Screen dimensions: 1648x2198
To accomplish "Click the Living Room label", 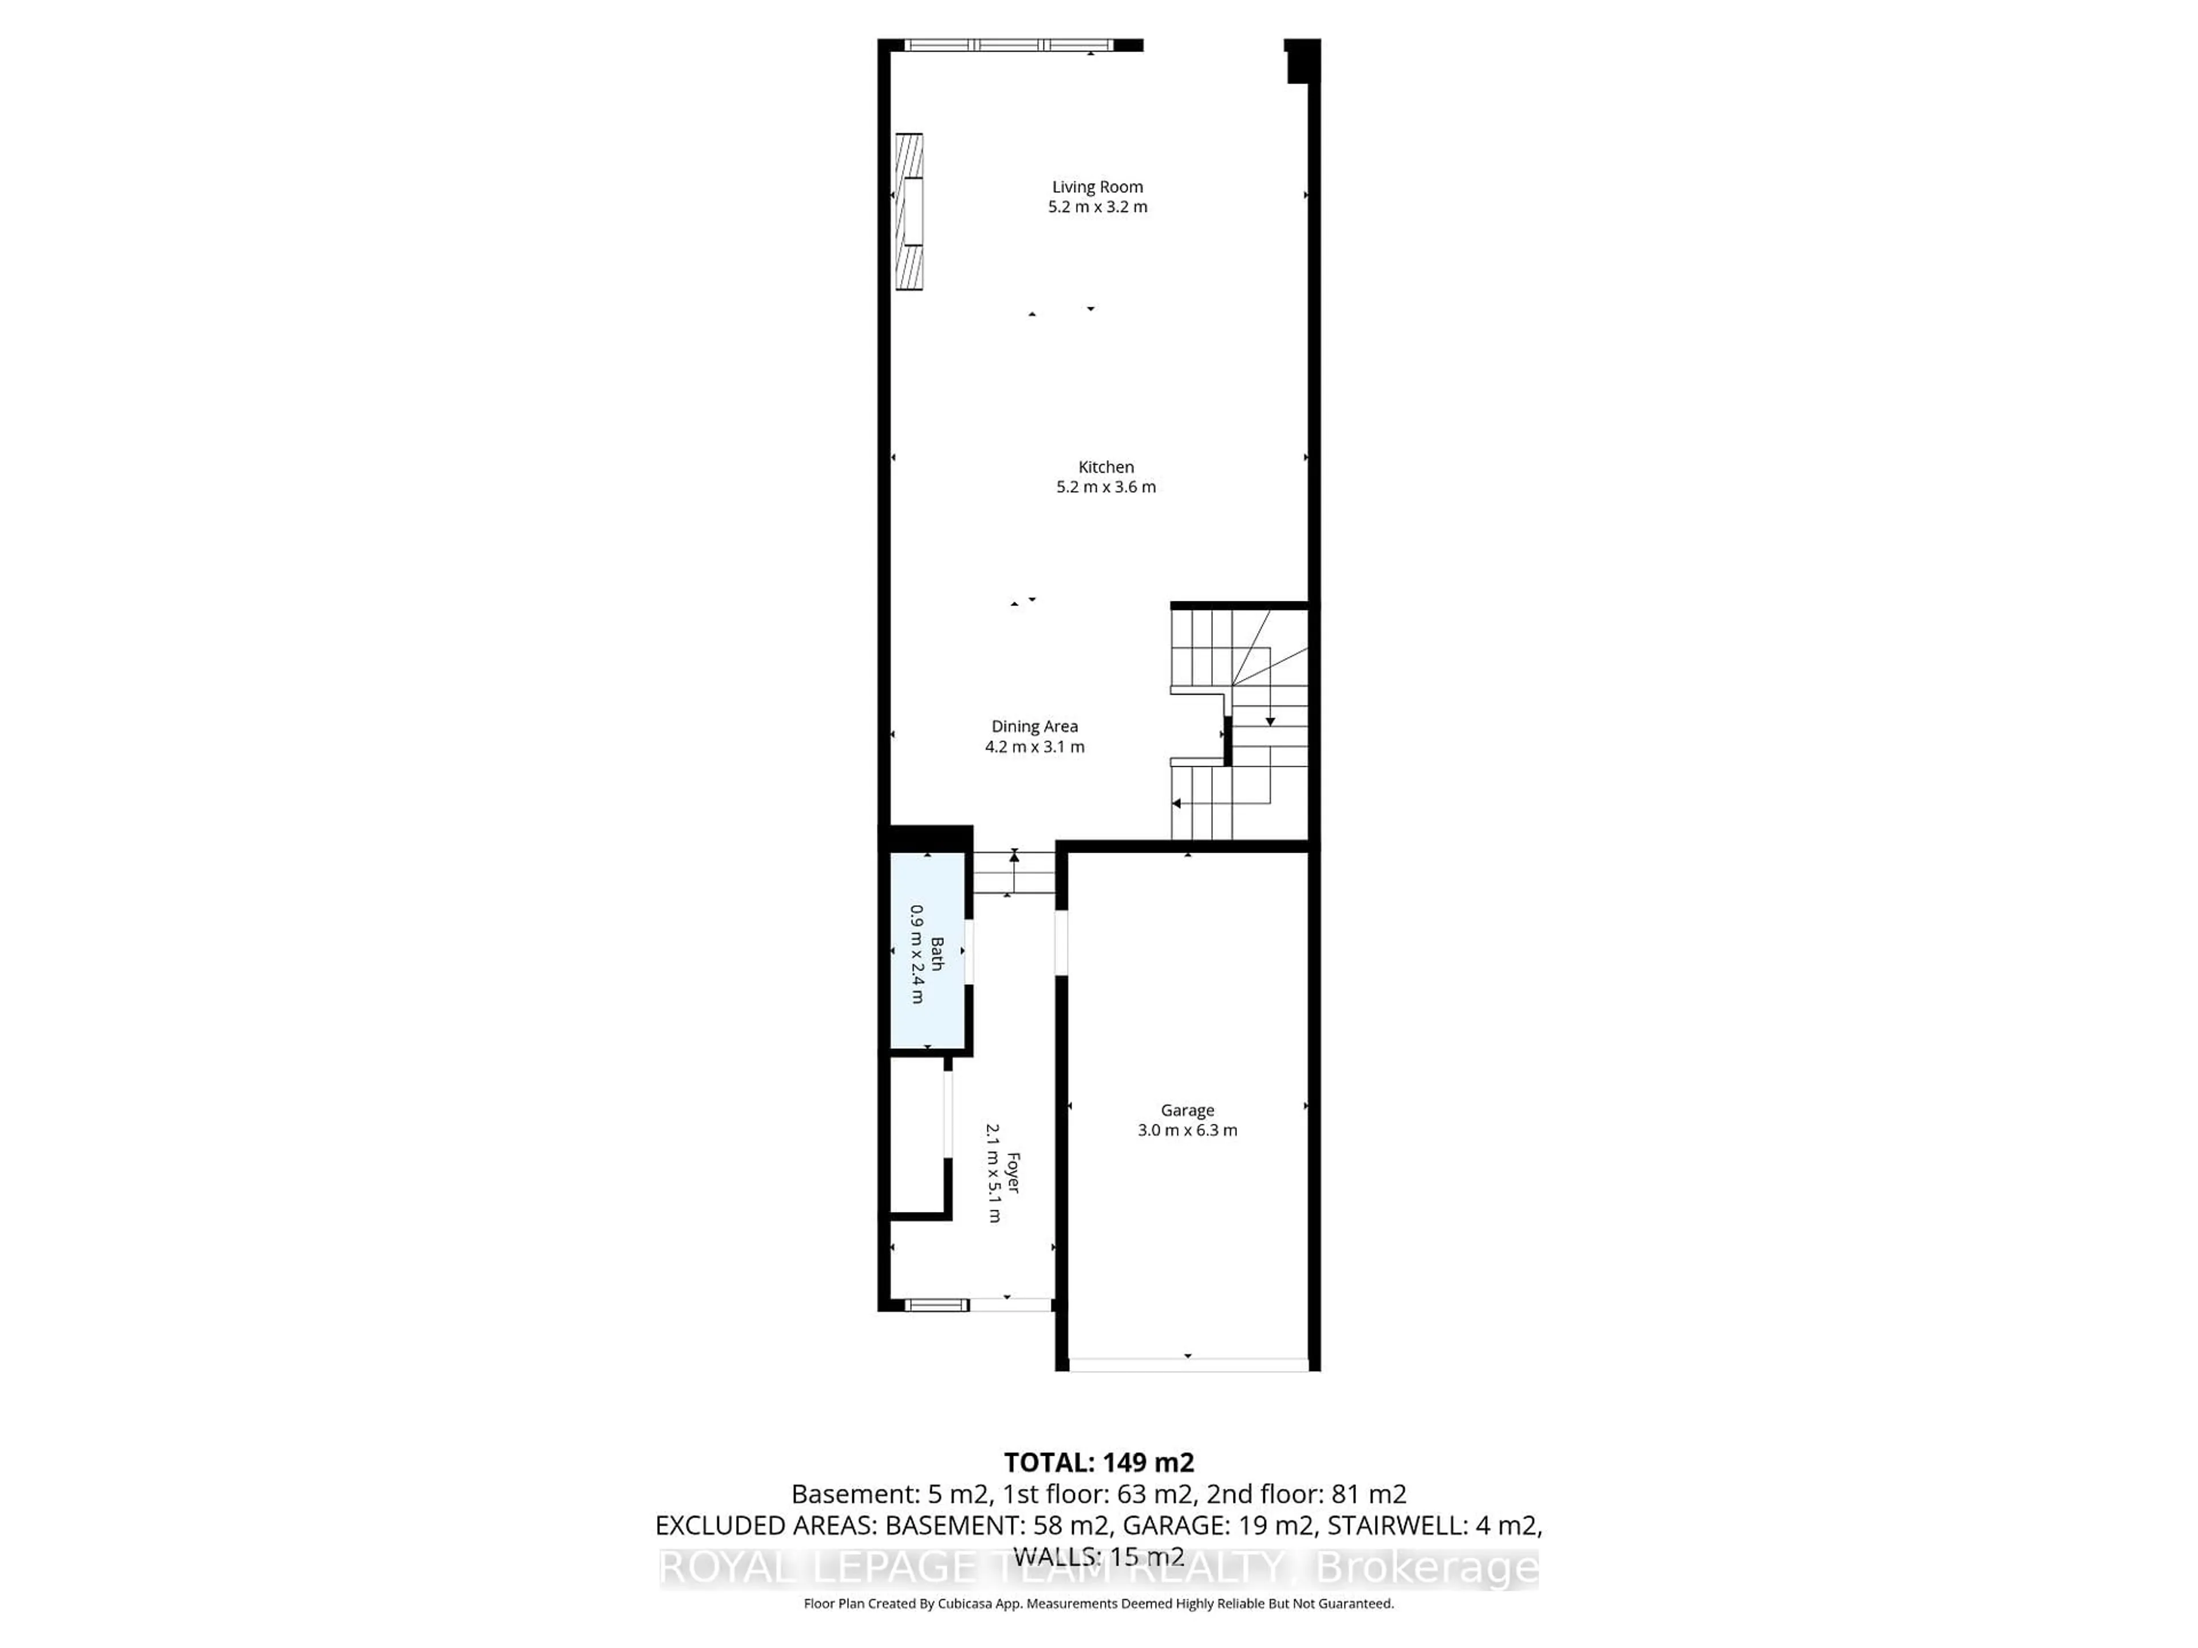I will (1097, 187).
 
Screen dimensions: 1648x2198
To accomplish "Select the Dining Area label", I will (1034, 726).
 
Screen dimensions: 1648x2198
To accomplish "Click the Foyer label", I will (1013, 1172).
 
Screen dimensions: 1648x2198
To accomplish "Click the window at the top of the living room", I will (1009, 45).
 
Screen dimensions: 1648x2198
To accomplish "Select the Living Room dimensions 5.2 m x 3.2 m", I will (1097, 207).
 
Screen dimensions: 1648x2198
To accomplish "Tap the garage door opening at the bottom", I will (1188, 1365).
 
